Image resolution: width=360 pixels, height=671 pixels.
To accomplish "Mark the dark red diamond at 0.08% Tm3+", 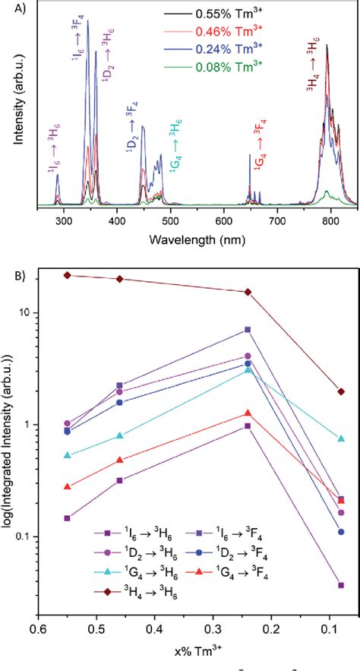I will pyautogui.click(x=341, y=392).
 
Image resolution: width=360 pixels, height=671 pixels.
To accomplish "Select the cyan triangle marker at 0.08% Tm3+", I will pyautogui.click(x=341, y=438).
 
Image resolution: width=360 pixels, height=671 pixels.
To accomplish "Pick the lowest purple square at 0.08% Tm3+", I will pyautogui.click(x=341, y=585).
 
